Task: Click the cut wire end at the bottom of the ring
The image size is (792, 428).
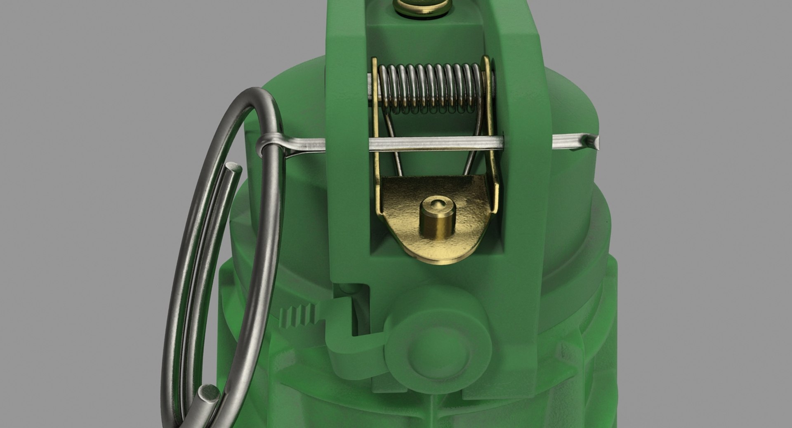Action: click(x=208, y=394)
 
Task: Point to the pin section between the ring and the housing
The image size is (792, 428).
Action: click(x=305, y=144)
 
